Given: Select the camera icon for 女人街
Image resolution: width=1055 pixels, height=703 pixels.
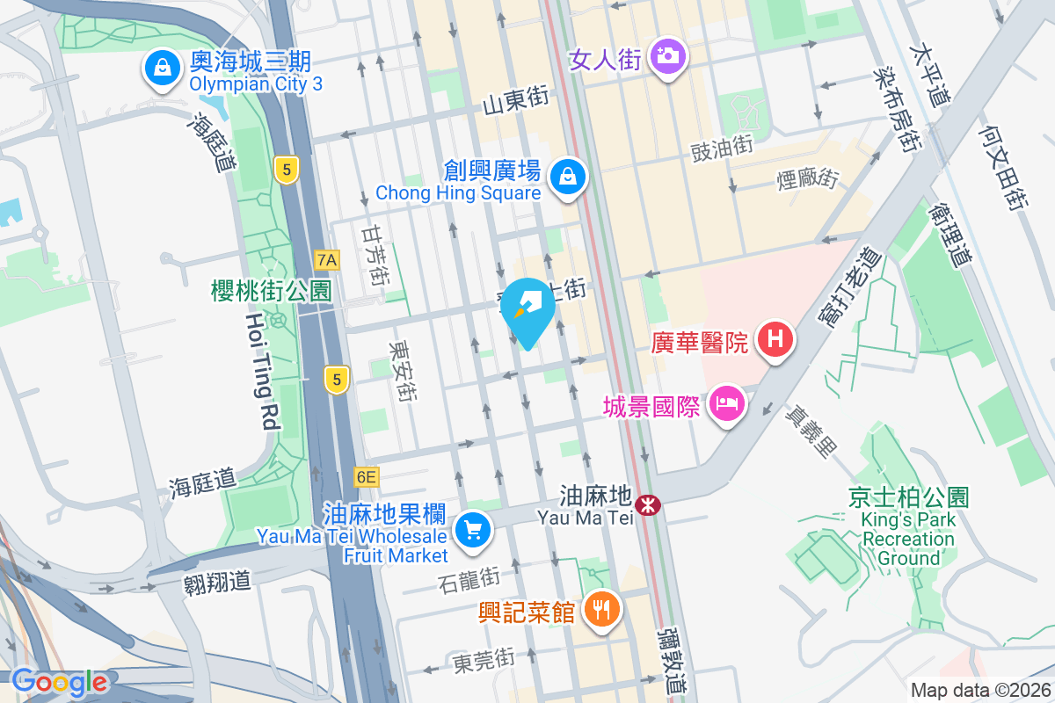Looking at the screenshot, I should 668,57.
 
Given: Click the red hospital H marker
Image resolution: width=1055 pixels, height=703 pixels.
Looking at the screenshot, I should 775,338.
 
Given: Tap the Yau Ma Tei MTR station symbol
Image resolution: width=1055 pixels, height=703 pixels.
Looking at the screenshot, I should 649,505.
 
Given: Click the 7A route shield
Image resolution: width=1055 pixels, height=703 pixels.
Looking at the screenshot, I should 327,259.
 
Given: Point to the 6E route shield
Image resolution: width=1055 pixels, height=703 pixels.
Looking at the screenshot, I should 367,477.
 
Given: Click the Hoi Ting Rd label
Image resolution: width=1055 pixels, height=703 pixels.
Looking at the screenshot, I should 261,372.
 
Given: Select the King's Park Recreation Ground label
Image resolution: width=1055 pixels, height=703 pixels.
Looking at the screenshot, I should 908,528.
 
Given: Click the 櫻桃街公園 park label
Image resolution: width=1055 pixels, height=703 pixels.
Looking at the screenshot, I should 271,291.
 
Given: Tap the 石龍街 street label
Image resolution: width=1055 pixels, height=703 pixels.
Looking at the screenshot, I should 469,578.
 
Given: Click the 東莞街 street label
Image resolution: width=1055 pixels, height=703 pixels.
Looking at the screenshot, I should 483,658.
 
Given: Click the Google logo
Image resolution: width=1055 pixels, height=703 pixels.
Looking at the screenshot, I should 59,682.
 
